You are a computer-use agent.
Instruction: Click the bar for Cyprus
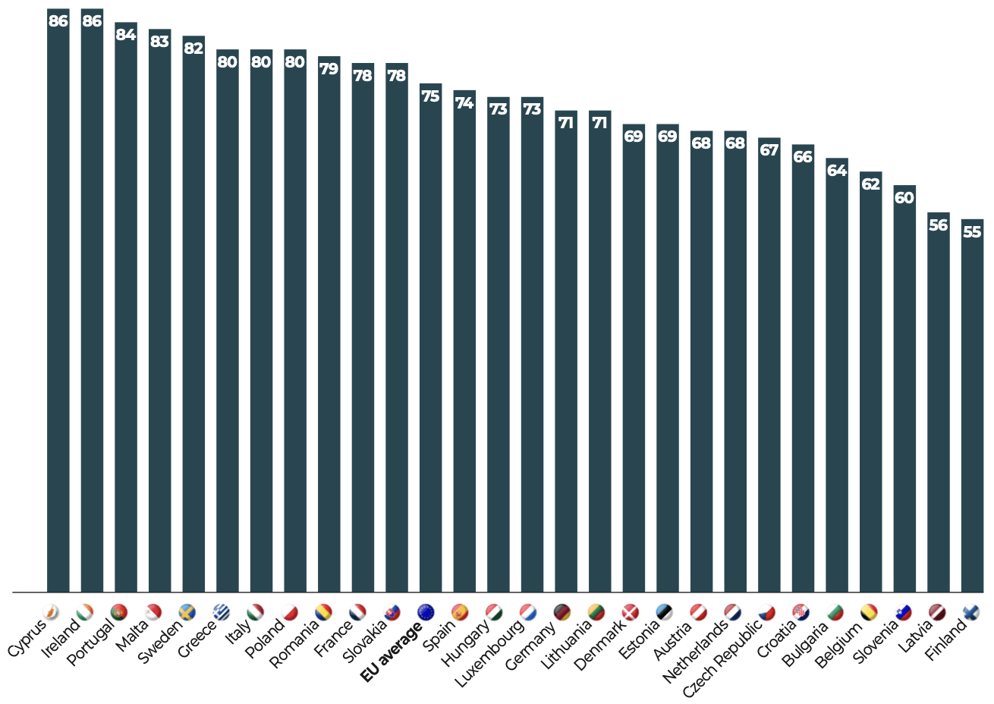(x=58, y=300)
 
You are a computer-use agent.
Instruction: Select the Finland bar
(x=972, y=405)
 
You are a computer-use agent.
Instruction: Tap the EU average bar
(x=430, y=338)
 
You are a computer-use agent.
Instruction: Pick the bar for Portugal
(x=126, y=307)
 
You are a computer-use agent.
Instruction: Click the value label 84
(x=126, y=35)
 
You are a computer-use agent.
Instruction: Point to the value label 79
(x=329, y=69)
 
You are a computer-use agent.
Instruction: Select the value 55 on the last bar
(x=972, y=232)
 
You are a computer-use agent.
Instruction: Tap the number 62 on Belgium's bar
(x=870, y=184)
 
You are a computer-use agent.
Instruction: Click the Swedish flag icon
(x=187, y=612)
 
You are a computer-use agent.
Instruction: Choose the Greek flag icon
(x=221, y=612)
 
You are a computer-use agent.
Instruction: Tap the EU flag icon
(x=426, y=612)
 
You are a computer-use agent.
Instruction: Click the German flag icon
(x=561, y=612)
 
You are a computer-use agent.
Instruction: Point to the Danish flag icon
(x=630, y=612)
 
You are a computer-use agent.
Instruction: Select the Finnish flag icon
(x=971, y=612)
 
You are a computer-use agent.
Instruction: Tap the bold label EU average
(x=392, y=652)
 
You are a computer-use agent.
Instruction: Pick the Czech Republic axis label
(x=722, y=658)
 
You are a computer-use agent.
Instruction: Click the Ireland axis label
(x=61, y=638)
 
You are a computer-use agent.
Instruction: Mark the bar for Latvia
(x=939, y=402)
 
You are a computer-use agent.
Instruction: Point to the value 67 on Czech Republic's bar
(x=769, y=150)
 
